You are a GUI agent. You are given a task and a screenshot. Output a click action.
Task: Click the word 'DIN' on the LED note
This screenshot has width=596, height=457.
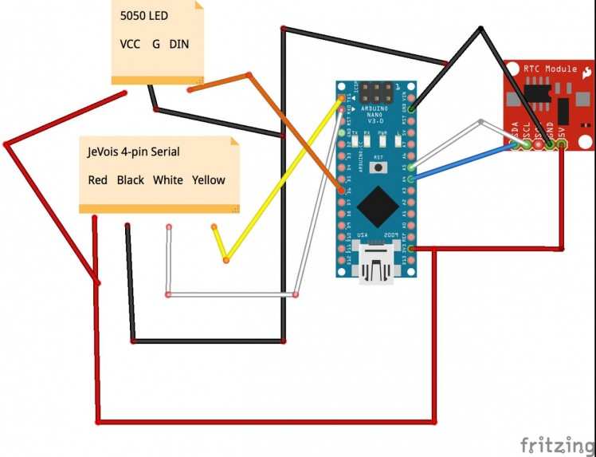(179, 44)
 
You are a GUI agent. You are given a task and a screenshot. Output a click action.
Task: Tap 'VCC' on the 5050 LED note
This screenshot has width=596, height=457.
(130, 44)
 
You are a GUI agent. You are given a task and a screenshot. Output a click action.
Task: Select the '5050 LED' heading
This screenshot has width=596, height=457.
(144, 16)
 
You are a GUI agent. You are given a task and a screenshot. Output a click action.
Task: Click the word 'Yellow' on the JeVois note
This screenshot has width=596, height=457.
(209, 180)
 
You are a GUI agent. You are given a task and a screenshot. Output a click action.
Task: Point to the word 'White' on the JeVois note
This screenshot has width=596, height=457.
(168, 180)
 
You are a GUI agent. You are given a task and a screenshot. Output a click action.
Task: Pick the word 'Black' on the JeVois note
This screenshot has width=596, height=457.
(131, 180)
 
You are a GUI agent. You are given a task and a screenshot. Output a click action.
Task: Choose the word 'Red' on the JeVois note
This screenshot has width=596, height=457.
(97, 180)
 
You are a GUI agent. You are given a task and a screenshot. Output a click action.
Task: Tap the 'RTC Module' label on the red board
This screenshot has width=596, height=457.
(551, 69)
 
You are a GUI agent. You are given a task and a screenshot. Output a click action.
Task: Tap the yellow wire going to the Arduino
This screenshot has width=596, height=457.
(279, 183)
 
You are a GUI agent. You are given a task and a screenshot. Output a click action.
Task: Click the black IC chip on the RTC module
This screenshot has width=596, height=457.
(539, 94)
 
